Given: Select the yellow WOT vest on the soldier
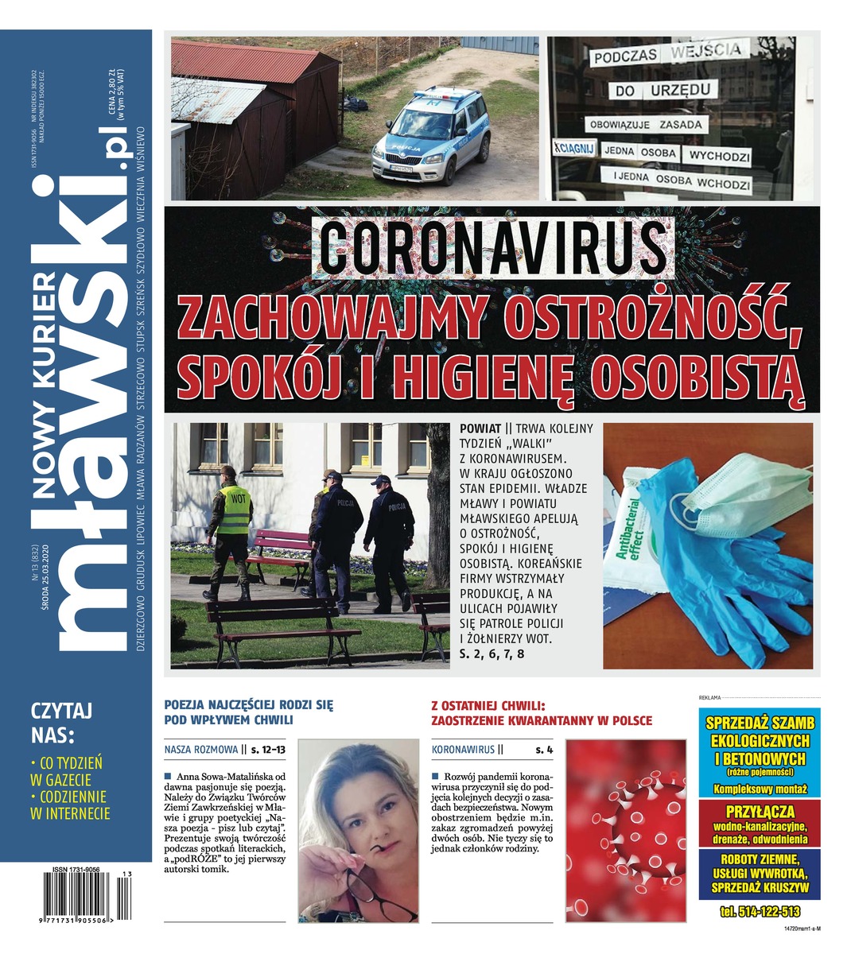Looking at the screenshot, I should (x=236, y=510).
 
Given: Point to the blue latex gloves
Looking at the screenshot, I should (x=716, y=556).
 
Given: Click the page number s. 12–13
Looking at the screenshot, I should (x=268, y=749).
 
